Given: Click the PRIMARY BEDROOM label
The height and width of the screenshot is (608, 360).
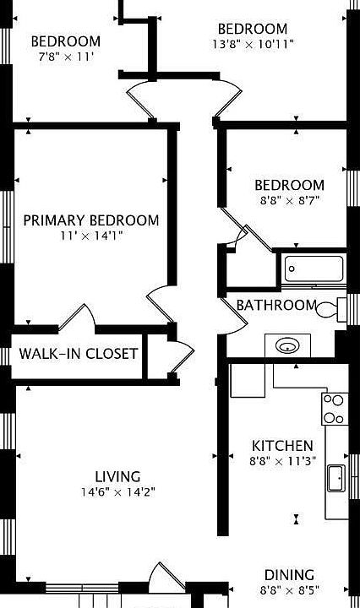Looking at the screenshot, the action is click(x=91, y=220).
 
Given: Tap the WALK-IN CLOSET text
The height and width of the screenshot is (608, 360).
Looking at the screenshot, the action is click(x=79, y=354).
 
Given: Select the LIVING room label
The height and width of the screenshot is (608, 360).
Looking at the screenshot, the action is click(x=118, y=476).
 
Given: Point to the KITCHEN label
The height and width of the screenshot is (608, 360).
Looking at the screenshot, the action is click(x=282, y=446).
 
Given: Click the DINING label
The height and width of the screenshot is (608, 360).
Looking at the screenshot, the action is click(x=289, y=575).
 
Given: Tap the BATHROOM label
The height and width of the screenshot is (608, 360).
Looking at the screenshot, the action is click(x=276, y=305).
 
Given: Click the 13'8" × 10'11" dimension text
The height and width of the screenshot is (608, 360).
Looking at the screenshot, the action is click(x=253, y=44).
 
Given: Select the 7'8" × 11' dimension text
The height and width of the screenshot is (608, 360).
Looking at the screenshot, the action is click(x=66, y=57).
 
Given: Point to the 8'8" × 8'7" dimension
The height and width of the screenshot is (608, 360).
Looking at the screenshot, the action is click(x=289, y=201).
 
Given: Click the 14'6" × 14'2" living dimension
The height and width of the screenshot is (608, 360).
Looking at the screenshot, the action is click(x=118, y=492).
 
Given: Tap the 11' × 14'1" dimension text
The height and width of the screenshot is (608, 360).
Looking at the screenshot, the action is click(x=91, y=236).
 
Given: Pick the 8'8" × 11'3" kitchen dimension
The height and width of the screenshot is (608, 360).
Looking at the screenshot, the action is click(x=282, y=461).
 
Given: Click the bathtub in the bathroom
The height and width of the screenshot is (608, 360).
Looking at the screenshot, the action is click(x=314, y=269).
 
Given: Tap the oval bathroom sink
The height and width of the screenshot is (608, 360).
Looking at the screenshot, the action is click(x=287, y=345).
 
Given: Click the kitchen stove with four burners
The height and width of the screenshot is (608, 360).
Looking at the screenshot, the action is click(x=335, y=409).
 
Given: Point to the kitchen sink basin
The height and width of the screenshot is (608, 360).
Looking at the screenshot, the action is click(x=336, y=479).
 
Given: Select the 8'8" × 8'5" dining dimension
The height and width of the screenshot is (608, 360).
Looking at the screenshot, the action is click(x=289, y=590).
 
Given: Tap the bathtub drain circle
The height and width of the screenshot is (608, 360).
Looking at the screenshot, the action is click(x=292, y=269).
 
